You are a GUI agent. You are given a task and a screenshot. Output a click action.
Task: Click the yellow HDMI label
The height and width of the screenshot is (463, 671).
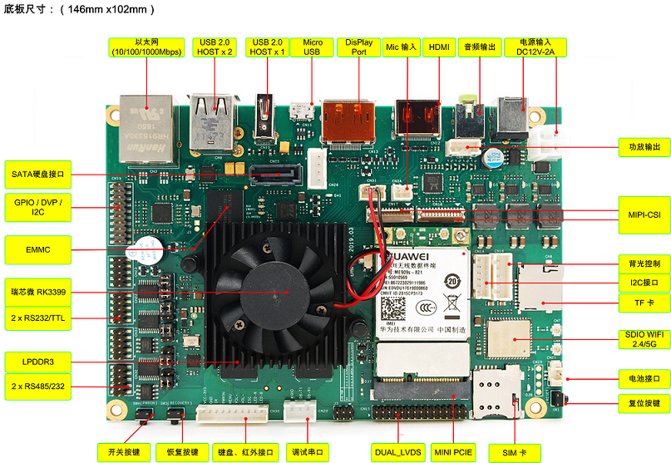pos(439,47)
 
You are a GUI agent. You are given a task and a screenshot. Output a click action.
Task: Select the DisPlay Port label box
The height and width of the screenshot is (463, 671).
pos(359,47)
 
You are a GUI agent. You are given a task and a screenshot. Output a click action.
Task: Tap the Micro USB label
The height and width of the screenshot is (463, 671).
pos(312,47)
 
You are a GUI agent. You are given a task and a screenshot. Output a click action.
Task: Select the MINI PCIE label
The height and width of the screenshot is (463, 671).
pos(453,452)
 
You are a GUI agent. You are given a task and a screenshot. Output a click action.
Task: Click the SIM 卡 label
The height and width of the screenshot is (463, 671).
pos(514,452)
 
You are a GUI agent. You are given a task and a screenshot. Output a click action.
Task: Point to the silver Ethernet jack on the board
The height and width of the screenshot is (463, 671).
pos(146,120)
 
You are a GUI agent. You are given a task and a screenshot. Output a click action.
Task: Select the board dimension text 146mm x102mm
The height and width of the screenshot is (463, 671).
pos(105,10)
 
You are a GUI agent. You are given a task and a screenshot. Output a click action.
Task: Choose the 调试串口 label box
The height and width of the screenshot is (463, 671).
pos(308,452)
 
